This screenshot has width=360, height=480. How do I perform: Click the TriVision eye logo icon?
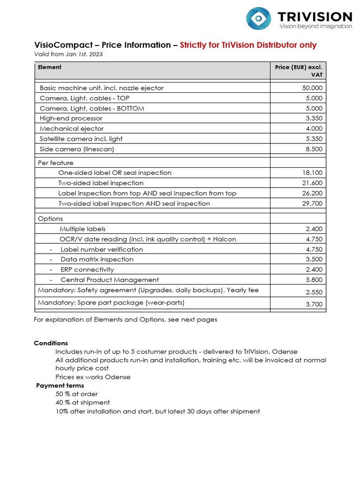[258, 19]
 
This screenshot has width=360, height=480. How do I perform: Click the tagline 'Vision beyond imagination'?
[315, 26]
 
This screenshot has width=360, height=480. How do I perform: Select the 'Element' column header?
[50, 67]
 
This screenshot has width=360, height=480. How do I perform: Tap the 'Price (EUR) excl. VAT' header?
[299, 71]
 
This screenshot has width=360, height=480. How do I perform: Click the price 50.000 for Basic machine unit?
[312, 88]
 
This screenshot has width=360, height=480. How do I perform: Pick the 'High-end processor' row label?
[71, 119]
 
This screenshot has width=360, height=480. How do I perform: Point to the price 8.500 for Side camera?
[314, 149]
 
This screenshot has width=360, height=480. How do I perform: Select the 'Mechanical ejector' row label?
[72, 129]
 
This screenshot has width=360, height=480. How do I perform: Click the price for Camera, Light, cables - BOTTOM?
[314, 108]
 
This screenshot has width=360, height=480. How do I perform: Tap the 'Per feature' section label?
[56, 163]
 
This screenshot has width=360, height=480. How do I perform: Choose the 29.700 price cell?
[312, 203]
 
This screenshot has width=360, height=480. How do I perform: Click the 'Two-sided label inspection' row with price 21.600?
[101, 183]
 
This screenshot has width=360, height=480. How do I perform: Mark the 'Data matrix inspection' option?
[97, 259]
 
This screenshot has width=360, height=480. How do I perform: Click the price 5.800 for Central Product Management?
[314, 280]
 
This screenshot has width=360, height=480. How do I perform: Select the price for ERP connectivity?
[314, 270]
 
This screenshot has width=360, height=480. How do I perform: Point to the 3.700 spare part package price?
[314, 304]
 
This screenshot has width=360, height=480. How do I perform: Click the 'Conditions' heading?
[51, 343]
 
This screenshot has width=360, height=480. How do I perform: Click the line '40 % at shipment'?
[82, 403]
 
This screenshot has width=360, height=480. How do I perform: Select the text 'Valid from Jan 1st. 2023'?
[68, 54]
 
